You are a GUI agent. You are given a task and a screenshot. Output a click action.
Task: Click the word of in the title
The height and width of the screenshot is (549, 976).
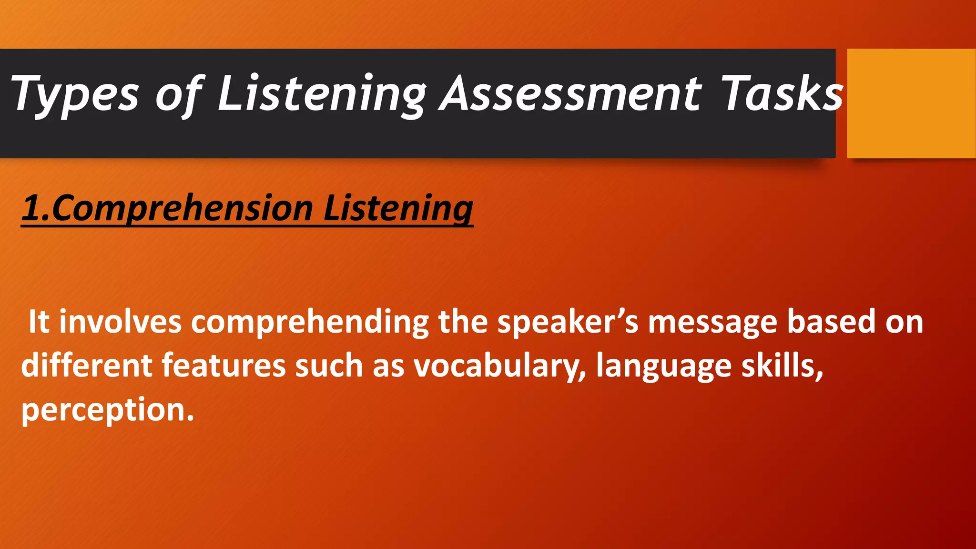[x=179, y=95]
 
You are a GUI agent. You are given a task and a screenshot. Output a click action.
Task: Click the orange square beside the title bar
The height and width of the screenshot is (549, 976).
[x=911, y=103]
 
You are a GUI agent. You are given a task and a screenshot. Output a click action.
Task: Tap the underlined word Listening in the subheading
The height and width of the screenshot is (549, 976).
[x=398, y=209]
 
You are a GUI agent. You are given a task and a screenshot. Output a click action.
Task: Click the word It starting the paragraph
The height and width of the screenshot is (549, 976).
[x=39, y=322]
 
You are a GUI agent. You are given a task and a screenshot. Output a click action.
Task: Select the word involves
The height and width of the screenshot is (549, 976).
[x=120, y=322]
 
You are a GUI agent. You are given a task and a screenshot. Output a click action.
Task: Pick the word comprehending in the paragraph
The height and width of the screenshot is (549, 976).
[x=310, y=323]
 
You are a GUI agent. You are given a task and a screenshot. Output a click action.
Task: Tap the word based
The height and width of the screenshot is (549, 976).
[x=831, y=322]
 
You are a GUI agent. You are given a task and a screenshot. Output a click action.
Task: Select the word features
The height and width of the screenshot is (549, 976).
[x=223, y=366]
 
